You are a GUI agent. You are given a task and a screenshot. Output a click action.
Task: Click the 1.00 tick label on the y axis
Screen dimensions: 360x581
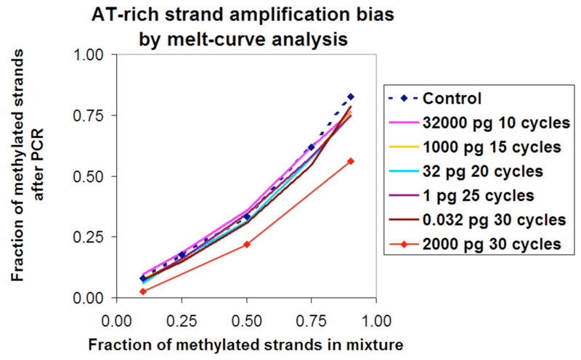[x=89, y=54]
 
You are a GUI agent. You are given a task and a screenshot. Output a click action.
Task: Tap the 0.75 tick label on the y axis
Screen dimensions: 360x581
[x=89, y=115]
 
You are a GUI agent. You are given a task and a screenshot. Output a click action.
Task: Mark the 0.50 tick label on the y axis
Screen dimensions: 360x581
[x=89, y=176]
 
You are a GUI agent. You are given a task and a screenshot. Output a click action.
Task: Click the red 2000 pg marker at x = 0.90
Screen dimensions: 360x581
[x=350, y=161]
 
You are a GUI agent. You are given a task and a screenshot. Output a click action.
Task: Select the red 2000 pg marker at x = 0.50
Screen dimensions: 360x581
[x=247, y=245]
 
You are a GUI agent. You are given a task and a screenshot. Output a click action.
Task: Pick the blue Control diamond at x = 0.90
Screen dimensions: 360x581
[x=350, y=97]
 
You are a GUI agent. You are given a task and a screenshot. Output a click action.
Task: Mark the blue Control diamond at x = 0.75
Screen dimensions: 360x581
[x=312, y=147]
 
